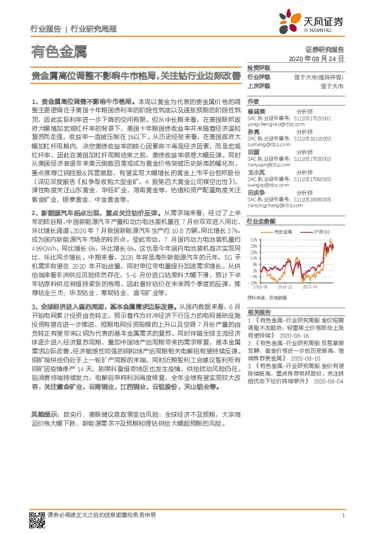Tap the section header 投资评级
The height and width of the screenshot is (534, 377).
tap(259, 67)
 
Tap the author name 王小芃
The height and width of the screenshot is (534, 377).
tap(255, 173)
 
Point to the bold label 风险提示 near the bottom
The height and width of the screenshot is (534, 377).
tap(42, 413)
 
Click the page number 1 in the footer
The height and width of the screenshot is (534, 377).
tap(342, 516)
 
